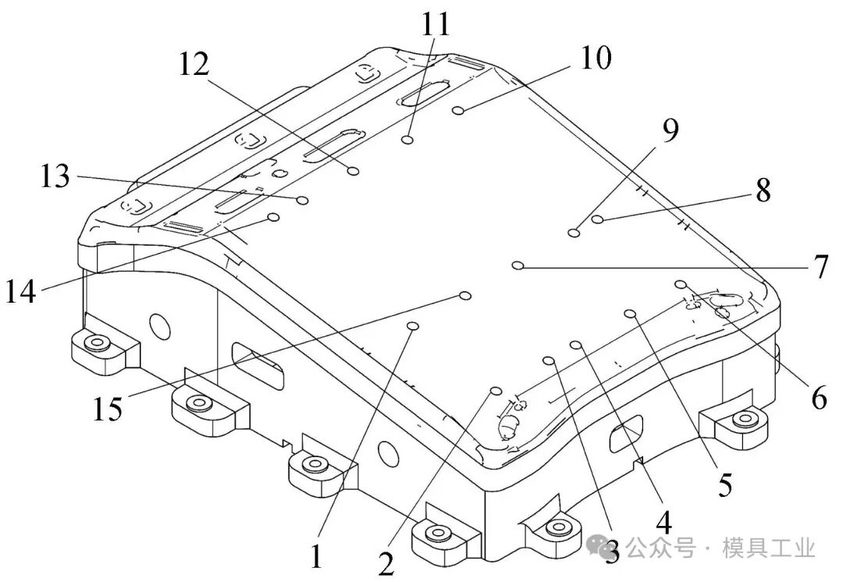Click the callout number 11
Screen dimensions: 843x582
click(436, 23)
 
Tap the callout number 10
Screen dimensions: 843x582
click(596, 58)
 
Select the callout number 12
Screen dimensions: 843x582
click(194, 65)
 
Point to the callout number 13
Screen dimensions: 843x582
click(55, 176)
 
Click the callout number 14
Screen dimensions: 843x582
click(21, 292)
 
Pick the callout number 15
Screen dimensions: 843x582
click(108, 409)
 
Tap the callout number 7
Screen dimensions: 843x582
click(820, 267)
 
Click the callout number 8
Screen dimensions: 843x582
click(763, 190)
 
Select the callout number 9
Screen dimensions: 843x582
click(670, 130)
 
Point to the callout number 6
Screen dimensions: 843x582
click(819, 398)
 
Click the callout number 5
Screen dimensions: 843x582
click(725, 484)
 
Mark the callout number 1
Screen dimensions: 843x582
click(317, 555)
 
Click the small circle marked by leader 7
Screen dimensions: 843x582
click(518, 265)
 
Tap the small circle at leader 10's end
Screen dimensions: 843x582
click(459, 111)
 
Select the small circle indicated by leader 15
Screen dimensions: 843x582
click(465, 296)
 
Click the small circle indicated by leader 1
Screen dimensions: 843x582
click(414, 325)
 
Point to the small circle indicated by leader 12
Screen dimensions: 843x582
click(354, 171)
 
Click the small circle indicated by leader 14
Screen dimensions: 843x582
click(274, 217)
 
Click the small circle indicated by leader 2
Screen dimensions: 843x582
click(496, 390)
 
